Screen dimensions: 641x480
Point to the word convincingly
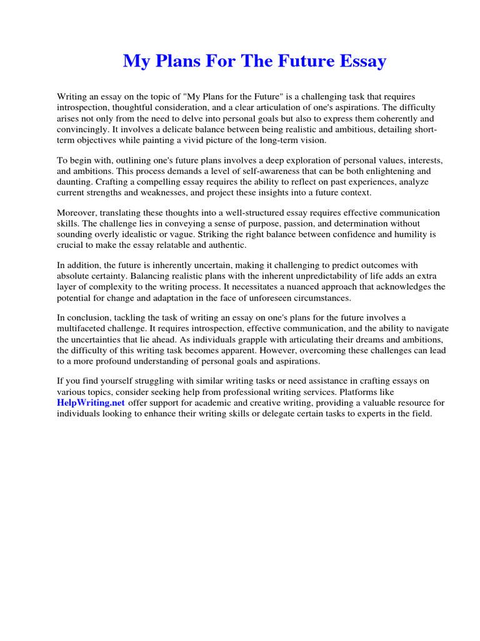click(85, 128)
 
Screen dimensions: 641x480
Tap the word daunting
click(74, 182)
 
